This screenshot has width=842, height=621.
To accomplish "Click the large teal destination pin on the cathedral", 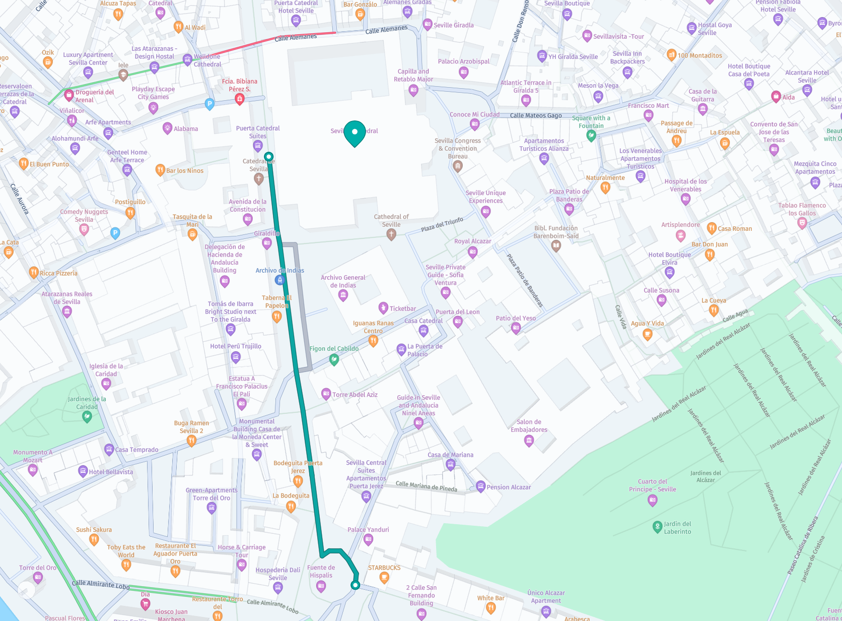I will (x=355, y=133).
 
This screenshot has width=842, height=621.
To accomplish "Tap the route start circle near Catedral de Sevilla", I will (x=269, y=157).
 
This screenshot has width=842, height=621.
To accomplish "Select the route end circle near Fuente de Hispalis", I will (x=356, y=585).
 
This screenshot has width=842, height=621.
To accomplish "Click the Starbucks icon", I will (x=384, y=578).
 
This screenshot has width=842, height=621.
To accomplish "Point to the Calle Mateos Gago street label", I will (x=536, y=115).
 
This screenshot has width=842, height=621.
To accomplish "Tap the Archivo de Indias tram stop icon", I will (x=280, y=280).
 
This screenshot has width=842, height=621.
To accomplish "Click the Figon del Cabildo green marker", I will (x=333, y=359).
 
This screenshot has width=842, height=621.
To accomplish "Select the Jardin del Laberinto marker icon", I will (x=657, y=527).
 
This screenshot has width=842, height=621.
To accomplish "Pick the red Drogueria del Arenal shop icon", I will (x=69, y=94).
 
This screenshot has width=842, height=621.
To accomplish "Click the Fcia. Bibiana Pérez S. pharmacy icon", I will (x=240, y=99).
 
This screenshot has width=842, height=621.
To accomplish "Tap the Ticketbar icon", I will (x=383, y=307).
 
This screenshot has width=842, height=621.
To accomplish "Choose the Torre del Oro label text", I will (x=38, y=568).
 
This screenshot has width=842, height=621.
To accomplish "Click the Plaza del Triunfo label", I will (x=442, y=224).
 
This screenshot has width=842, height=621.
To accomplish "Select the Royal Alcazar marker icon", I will (x=472, y=252).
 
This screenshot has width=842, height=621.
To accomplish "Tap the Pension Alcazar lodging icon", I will (x=480, y=487).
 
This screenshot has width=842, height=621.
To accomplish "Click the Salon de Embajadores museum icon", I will (x=529, y=441).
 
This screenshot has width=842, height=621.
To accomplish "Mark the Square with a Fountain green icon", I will (x=591, y=135).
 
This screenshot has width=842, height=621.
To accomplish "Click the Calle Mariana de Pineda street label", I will (x=426, y=486).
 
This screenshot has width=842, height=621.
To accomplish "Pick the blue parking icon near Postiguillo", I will (x=115, y=233).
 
